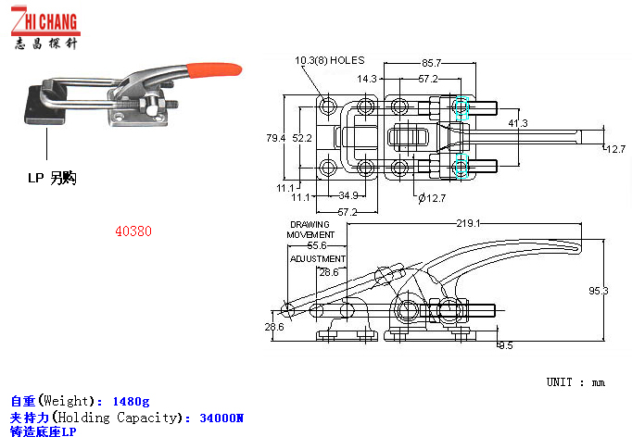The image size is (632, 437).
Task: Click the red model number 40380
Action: click(133, 232)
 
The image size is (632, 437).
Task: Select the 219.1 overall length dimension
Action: click(467, 223)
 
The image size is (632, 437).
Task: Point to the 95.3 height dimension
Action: click(599, 291)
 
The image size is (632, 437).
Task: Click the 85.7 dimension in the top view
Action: click(431, 63)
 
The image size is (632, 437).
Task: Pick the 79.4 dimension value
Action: click(275, 138)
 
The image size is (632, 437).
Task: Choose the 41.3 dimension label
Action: click(517, 123)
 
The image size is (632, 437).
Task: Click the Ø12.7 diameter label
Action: click(431, 196)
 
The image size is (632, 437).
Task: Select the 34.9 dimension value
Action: click(348, 195)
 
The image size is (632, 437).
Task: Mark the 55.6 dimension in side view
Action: click(317, 246)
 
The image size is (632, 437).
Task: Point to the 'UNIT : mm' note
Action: click(575, 382)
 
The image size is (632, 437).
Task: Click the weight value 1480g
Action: click(131, 401)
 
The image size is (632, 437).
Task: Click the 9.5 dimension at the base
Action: click(505, 345)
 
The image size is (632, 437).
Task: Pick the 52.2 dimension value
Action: click(302, 138)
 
